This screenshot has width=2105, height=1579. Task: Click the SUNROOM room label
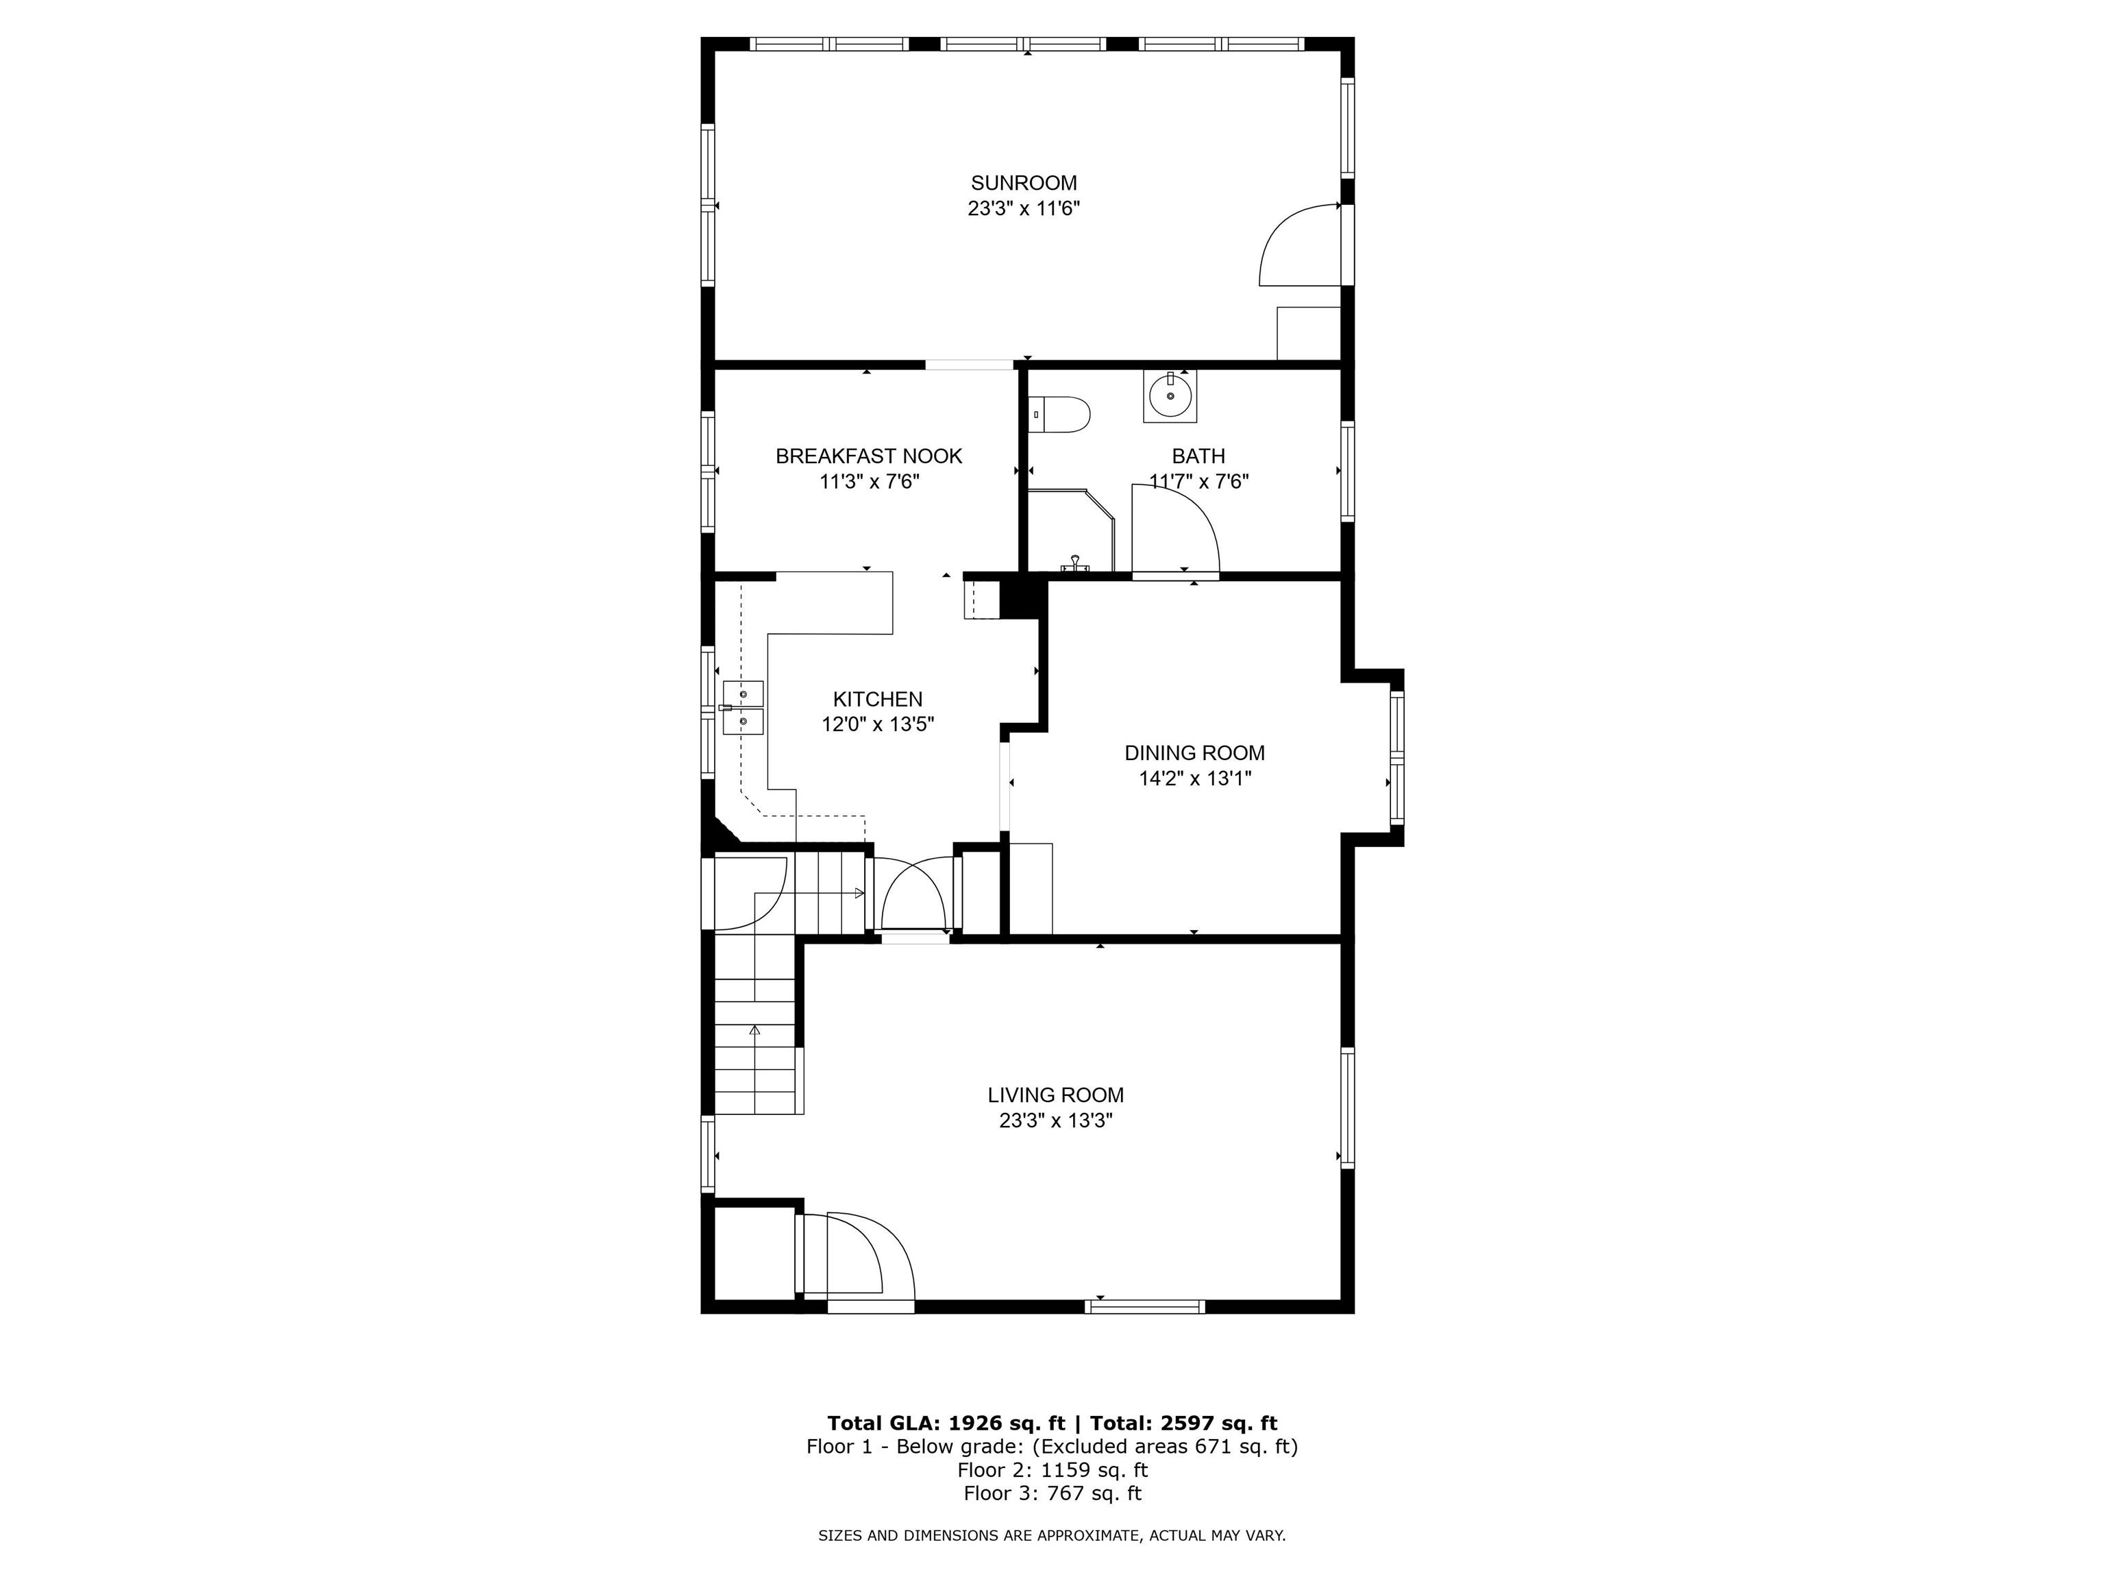click(x=1024, y=183)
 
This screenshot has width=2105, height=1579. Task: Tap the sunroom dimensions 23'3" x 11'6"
click(x=1024, y=208)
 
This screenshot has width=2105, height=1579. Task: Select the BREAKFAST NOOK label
click(x=869, y=456)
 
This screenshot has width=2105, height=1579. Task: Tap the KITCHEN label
click(x=877, y=698)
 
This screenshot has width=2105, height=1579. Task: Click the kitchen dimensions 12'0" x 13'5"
click(x=877, y=724)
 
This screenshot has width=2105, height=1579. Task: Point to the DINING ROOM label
click(x=1194, y=753)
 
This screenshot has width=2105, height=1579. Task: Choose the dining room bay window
click(x=1396, y=757)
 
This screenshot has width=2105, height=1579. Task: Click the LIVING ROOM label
click(x=1055, y=1095)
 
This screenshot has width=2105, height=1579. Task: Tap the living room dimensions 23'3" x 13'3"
click(x=1055, y=1121)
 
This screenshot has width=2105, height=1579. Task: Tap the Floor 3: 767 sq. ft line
click(x=1052, y=1493)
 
